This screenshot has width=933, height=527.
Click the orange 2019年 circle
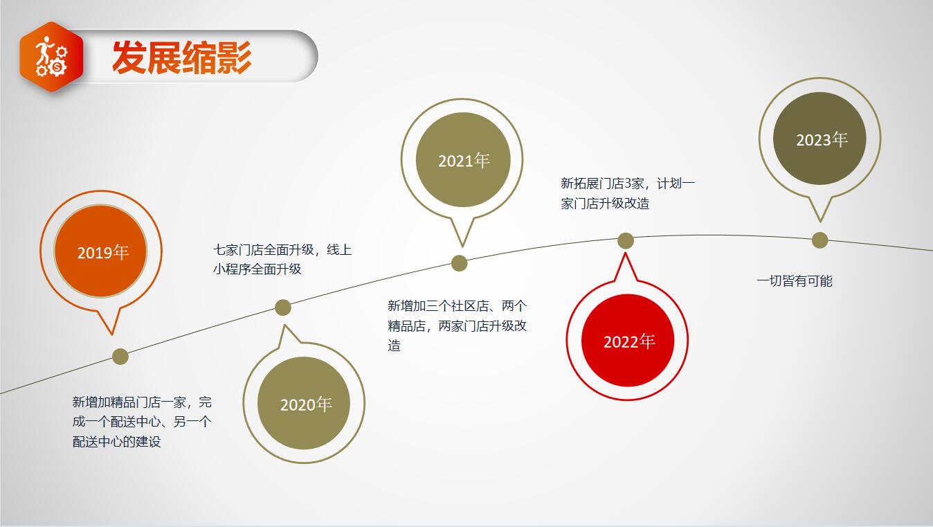point(101,251)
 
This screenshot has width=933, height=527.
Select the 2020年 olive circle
point(304,403)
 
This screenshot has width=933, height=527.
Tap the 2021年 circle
point(463,159)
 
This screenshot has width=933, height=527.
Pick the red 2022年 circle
point(628,340)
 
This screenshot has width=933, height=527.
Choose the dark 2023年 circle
point(819,139)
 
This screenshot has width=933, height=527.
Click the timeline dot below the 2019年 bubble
point(120,357)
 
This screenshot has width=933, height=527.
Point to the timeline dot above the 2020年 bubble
point(283,307)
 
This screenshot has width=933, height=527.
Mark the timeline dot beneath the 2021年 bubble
point(459,263)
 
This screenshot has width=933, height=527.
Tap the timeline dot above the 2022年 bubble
point(625,241)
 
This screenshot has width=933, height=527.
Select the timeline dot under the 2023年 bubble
point(819,240)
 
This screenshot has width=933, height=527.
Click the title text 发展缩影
point(181,57)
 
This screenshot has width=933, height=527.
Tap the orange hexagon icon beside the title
point(51,56)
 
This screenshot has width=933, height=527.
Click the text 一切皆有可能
point(795,280)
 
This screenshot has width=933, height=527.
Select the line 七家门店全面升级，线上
point(282,249)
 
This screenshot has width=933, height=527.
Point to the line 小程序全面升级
point(257,269)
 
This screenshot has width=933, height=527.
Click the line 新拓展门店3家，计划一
point(628,184)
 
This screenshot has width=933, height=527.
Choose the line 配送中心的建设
point(116,442)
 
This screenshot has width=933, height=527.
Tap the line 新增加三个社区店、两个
point(458,306)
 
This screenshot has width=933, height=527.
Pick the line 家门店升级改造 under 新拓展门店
point(605,204)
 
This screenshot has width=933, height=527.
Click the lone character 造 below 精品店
point(394,346)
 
